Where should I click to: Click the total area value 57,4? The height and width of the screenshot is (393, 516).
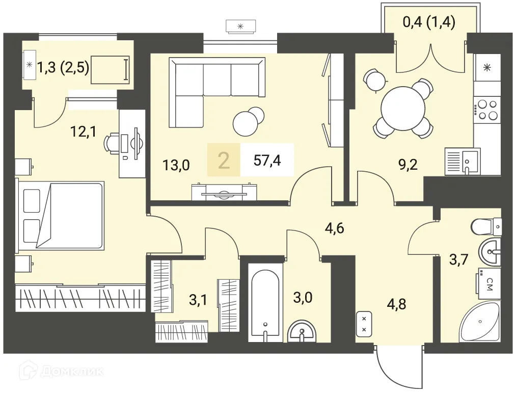coord(267,161)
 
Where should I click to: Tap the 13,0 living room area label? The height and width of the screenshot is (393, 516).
coord(176,165)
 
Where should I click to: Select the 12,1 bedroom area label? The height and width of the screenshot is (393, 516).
coord(84,132)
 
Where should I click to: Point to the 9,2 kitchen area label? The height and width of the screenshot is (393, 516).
coord(408,164)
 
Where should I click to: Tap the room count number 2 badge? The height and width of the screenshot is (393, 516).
coord(224,161)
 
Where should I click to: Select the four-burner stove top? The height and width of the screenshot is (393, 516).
coord(487,110)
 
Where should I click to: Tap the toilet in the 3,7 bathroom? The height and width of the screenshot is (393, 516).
coord(486,226)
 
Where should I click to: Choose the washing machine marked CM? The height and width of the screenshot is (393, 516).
coord(487,283)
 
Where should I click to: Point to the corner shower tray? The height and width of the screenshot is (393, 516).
coord(480,322)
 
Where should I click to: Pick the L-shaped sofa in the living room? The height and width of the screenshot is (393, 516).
coord(217,93)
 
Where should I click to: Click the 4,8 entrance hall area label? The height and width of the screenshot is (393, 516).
coord(396,304)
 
